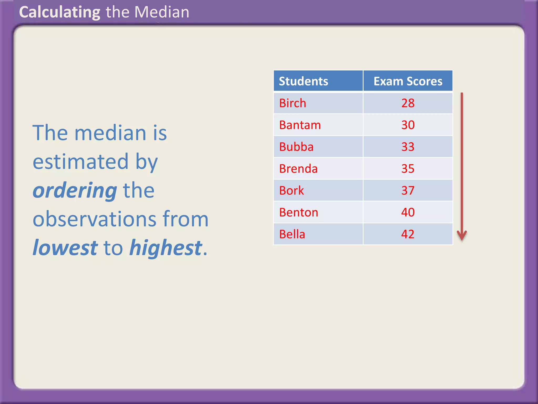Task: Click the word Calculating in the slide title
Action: [60, 12]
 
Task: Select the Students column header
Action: [303, 81]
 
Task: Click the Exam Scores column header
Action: [408, 81]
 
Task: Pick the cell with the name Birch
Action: [293, 103]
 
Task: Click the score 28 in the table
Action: [408, 103]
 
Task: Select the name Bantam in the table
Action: [300, 125]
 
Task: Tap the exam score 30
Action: [408, 125]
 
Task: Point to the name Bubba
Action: [296, 147]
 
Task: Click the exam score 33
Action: [408, 147]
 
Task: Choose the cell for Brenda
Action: [298, 169]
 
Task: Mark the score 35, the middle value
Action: [408, 169]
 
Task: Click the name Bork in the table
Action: [291, 190]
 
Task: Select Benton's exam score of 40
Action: [408, 212]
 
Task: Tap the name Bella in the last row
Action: [292, 234]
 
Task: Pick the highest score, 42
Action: [408, 234]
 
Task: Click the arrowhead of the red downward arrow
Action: [462, 235]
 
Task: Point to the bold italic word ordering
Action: [75, 190]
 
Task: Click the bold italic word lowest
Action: [65, 248]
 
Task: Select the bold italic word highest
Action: [166, 248]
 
